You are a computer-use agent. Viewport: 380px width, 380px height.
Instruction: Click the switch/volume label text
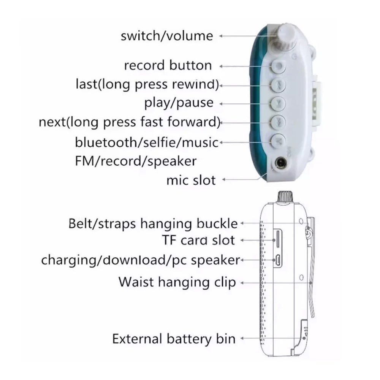(167, 36)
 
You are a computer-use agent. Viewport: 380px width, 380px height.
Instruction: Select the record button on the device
(278, 66)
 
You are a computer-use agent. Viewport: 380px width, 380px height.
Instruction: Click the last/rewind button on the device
(278, 85)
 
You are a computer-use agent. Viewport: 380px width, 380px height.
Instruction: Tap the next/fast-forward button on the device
(278, 122)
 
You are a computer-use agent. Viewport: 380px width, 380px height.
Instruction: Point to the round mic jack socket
(282, 163)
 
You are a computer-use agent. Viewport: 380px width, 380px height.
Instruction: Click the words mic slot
(191, 180)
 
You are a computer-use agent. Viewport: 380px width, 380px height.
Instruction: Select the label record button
(168, 65)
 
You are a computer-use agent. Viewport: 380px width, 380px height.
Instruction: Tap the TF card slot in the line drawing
(278, 239)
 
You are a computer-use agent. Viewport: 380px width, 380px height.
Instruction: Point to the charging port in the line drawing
(278, 260)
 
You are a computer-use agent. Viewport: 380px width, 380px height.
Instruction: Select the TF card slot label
(198, 240)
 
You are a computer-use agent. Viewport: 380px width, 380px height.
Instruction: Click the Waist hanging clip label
(177, 282)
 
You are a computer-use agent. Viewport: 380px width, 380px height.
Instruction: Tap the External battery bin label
(174, 339)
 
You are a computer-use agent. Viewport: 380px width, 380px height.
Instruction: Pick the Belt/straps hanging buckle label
(153, 223)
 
